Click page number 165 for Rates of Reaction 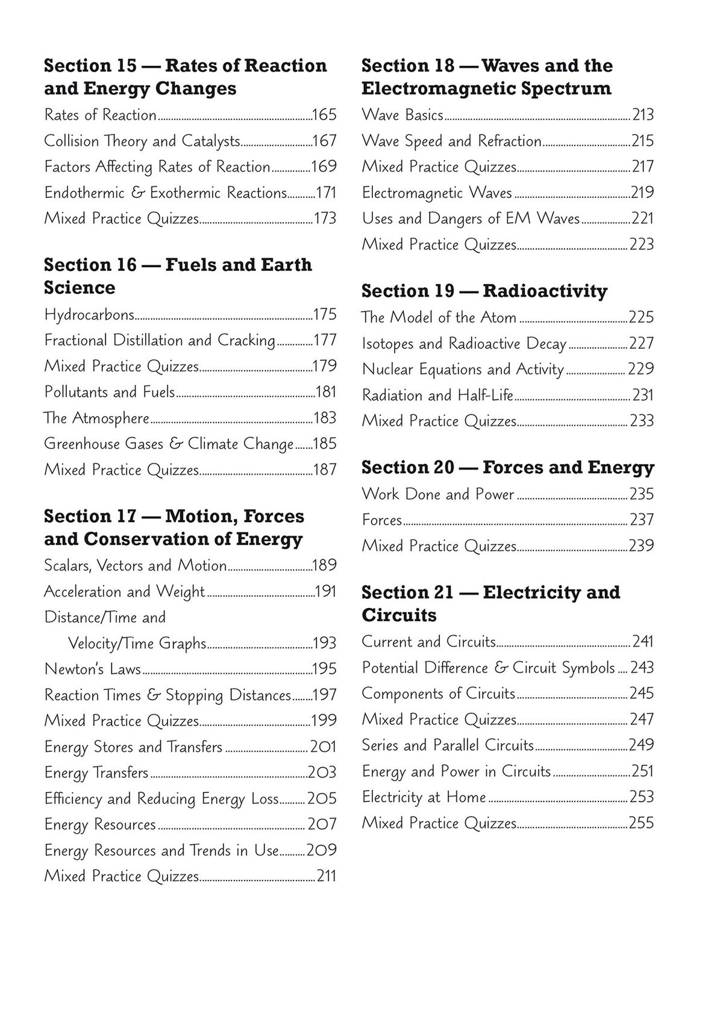(x=325, y=115)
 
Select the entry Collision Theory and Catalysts (x=142, y=141)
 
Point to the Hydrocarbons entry (x=89, y=315)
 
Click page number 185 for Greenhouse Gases (x=325, y=444)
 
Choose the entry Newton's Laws (x=92, y=669)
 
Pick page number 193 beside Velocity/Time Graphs (x=325, y=643)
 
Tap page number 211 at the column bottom (x=327, y=876)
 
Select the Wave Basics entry (x=402, y=115)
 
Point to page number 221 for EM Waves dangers (x=642, y=218)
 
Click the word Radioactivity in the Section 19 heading (x=545, y=291)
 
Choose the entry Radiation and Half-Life (x=437, y=395)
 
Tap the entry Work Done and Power (x=437, y=494)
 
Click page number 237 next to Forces (x=642, y=519)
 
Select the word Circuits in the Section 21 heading (x=399, y=615)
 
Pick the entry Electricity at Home (x=424, y=797)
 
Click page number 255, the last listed (x=641, y=823)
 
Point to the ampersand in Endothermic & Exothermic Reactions (x=138, y=193)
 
